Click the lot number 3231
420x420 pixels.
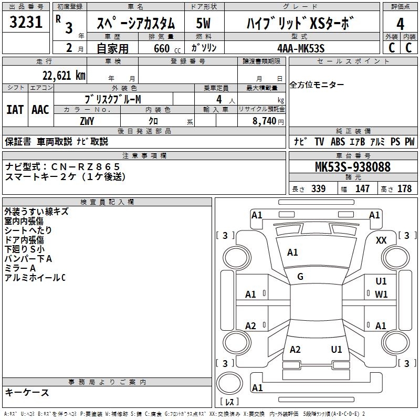coord(26,23)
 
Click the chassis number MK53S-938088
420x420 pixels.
coord(353,167)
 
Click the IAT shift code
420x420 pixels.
coord(15,110)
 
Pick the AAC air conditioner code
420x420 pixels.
coord(40,110)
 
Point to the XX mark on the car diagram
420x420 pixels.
coord(382,240)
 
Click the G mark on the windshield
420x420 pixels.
coord(300,277)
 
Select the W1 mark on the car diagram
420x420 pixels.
coord(381,295)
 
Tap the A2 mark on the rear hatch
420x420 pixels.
coord(295,350)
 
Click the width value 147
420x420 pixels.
coord(362,189)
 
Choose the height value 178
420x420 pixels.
coord(405,189)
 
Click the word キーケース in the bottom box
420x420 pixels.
coord(27,392)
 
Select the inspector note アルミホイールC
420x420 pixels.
coord(35,278)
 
